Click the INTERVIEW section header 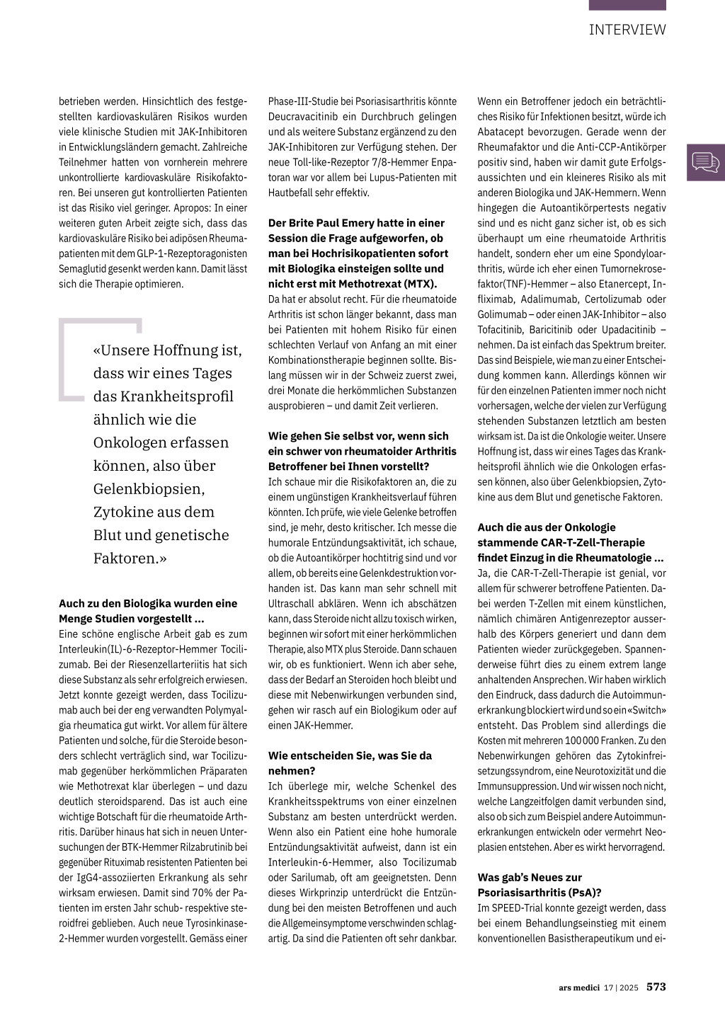pos(627,30)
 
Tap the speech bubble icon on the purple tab pos(705,163)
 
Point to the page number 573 pos(656,987)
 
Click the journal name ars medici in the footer pos(578,987)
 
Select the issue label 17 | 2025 pos(622,987)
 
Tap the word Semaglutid pos(83,269)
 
